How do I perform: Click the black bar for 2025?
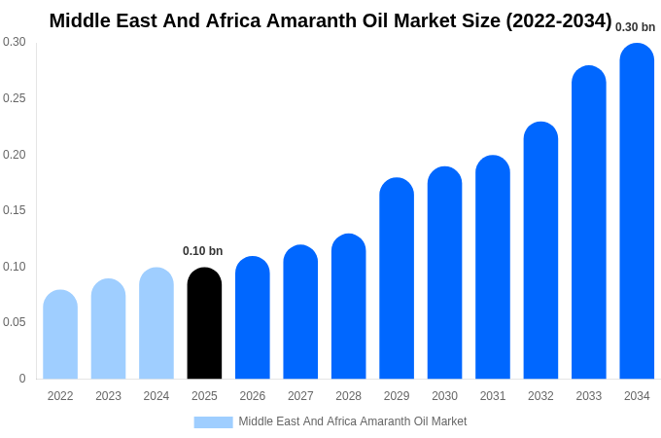204,323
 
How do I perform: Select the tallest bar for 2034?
637,211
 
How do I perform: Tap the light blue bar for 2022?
60,335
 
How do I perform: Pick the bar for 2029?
397,278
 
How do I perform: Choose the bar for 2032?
540,250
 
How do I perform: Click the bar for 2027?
300,311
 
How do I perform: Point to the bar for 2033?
589,222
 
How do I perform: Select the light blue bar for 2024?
157,323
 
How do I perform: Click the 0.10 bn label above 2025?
203,251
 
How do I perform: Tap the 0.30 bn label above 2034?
636,27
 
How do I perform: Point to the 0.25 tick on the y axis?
15,98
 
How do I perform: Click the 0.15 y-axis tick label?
15,210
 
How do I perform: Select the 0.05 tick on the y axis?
15,322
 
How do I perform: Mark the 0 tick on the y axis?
22,379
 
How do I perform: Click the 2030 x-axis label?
444,396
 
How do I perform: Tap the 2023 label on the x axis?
108,396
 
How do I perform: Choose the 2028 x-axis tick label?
348,396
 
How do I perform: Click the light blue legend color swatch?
213,422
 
